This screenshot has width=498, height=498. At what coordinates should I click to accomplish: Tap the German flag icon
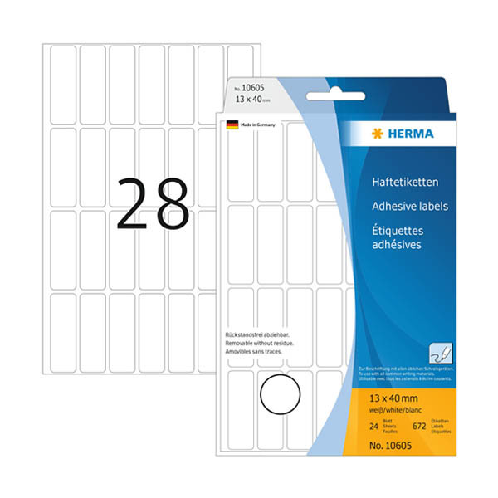[x=232, y=124]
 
